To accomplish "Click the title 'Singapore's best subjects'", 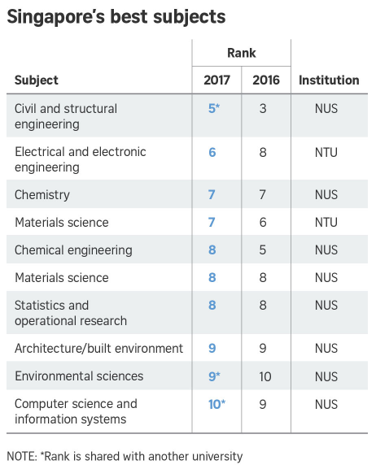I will (x=116, y=17).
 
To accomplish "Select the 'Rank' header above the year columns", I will (x=241, y=54).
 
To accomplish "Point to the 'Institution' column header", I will (x=329, y=80).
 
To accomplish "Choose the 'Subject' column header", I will (x=37, y=80).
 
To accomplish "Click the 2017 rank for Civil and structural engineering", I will (x=213, y=108).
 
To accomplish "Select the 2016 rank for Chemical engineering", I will (x=263, y=250).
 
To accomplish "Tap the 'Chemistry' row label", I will (x=42, y=195).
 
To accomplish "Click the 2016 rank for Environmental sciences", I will (x=263, y=376).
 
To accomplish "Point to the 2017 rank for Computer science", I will (x=214, y=404).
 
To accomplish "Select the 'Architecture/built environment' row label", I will (x=98, y=349).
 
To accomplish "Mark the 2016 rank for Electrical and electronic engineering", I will (x=263, y=152).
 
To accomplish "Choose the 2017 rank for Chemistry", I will (x=212, y=195).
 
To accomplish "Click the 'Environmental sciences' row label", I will (x=79, y=376).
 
